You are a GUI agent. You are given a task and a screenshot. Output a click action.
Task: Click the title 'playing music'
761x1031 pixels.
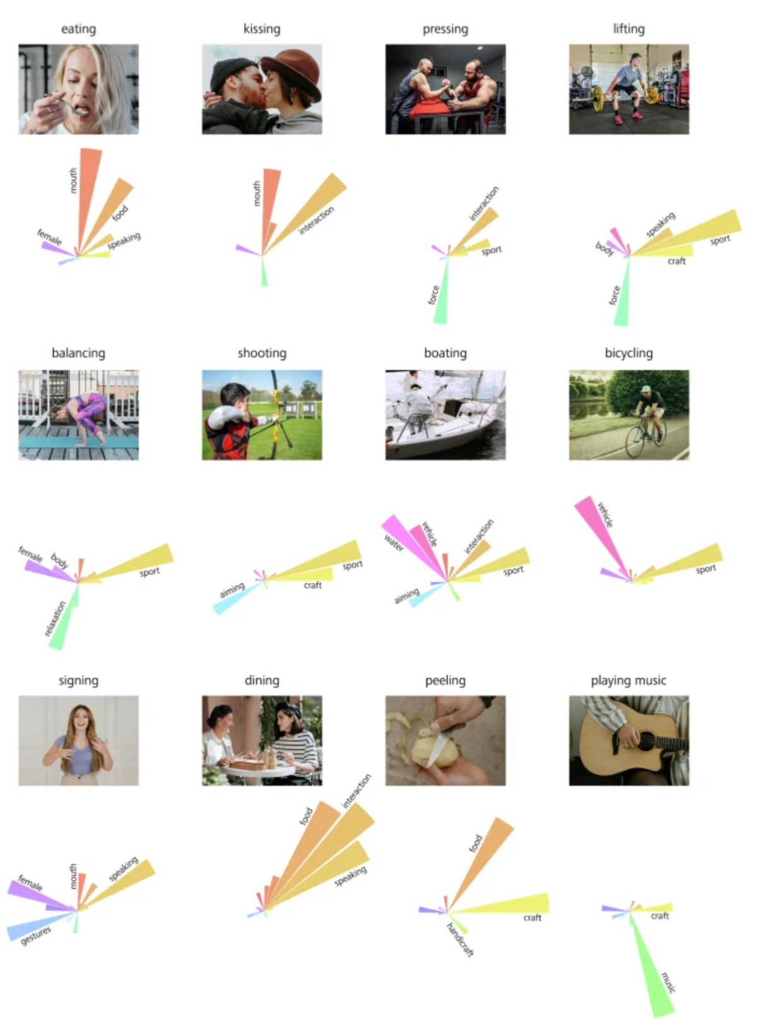(x=628, y=680)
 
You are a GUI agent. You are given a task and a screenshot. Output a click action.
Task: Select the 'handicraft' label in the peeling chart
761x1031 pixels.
(x=460, y=940)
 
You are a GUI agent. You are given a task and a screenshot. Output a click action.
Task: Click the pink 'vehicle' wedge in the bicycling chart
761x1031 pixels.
(x=603, y=534)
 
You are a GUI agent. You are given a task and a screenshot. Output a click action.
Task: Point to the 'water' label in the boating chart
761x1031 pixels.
(x=393, y=543)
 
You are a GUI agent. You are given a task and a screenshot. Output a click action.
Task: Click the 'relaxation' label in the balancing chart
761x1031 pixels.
(x=55, y=618)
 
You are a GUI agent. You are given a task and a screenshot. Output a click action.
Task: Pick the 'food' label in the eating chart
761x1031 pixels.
(x=120, y=213)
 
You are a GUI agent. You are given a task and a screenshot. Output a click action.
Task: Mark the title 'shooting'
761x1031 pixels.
(x=262, y=353)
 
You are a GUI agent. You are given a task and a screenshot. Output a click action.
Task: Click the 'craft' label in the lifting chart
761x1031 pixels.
(x=676, y=261)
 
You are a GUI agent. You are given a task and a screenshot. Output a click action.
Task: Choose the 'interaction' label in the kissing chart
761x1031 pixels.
(x=316, y=220)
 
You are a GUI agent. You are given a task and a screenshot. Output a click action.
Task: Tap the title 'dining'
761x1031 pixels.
(x=262, y=680)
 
